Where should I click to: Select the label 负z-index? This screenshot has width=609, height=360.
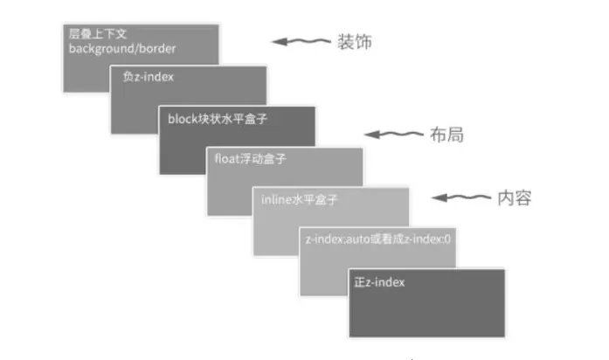point(148,77)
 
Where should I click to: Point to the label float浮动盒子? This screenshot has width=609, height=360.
point(251,160)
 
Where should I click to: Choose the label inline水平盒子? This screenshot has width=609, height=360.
point(299,199)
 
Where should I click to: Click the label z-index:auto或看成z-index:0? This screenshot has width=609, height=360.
point(377,238)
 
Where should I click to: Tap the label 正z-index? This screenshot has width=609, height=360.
point(379,282)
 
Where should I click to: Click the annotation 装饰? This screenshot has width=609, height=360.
point(353,42)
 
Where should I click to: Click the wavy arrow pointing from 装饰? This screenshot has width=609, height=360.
point(301,42)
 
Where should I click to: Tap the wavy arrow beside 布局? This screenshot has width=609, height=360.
point(394,135)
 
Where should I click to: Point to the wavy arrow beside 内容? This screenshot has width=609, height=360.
point(463,198)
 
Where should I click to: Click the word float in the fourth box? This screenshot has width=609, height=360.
point(226,160)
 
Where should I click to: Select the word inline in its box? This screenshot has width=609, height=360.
point(276,199)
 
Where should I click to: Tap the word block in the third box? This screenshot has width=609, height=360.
point(181,120)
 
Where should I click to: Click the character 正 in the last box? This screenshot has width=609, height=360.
point(360,282)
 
